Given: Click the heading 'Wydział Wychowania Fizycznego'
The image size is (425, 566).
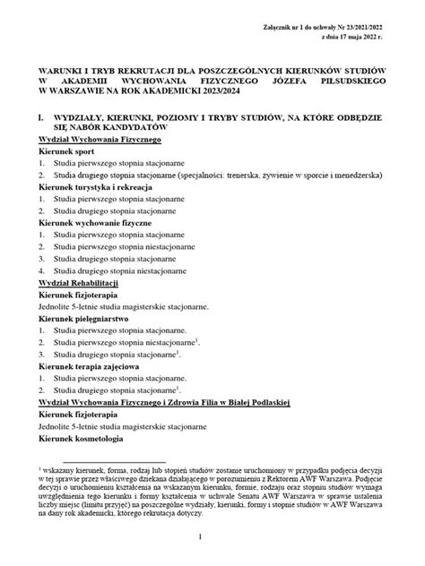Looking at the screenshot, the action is pos(100,141).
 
